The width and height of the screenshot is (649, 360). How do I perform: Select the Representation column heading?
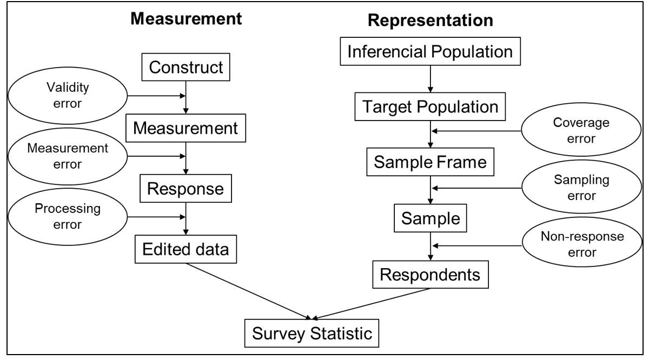coord(431,21)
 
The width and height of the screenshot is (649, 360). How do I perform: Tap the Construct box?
coord(186,68)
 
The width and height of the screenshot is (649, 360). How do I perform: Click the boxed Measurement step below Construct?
coord(186,129)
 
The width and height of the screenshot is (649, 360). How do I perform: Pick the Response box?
coord(186,189)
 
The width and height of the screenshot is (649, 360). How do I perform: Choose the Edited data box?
coord(186,250)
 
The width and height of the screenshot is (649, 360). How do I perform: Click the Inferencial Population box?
coord(430,52)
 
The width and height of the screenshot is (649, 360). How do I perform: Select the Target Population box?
coord(430,108)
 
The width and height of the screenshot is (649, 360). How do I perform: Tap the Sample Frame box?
coord(430,162)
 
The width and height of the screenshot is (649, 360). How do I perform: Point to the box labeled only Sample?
coord(431,218)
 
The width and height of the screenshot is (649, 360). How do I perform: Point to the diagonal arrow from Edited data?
coord(249,291)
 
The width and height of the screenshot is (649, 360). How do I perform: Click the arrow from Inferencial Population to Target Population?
coord(430,79)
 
